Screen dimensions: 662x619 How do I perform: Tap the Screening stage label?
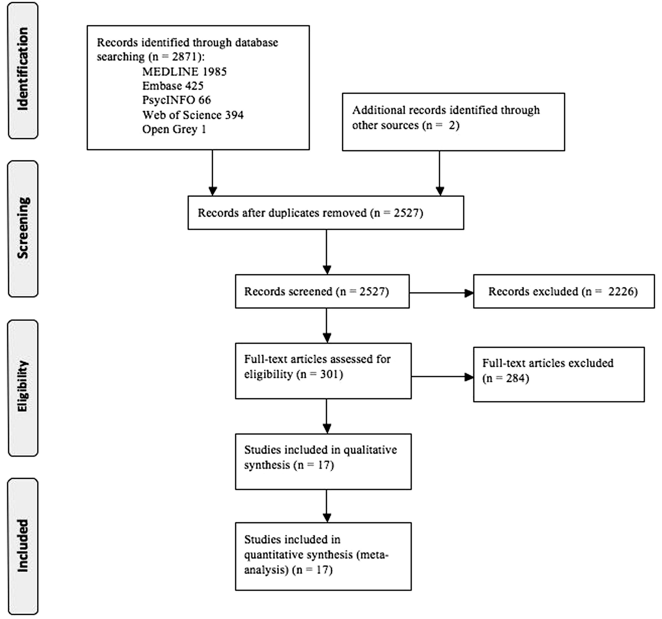(23, 228)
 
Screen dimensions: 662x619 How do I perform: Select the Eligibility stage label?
(23, 386)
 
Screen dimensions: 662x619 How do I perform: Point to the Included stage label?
(23, 546)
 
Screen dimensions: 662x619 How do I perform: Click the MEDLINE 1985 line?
(184, 71)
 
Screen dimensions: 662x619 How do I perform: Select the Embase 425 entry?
(173, 86)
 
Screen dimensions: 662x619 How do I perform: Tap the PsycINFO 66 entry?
(177, 100)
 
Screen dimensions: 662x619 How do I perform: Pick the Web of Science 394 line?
(193, 115)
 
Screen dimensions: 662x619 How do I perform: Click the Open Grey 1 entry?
(174, 129)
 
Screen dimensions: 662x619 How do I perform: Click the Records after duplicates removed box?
(326, 213)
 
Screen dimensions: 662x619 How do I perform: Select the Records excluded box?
(564, 291)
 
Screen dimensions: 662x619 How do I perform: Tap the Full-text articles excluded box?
(559, 375)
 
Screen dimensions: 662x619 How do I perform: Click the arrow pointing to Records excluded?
(441, 293)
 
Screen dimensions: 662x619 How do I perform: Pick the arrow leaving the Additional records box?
(440, 173)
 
